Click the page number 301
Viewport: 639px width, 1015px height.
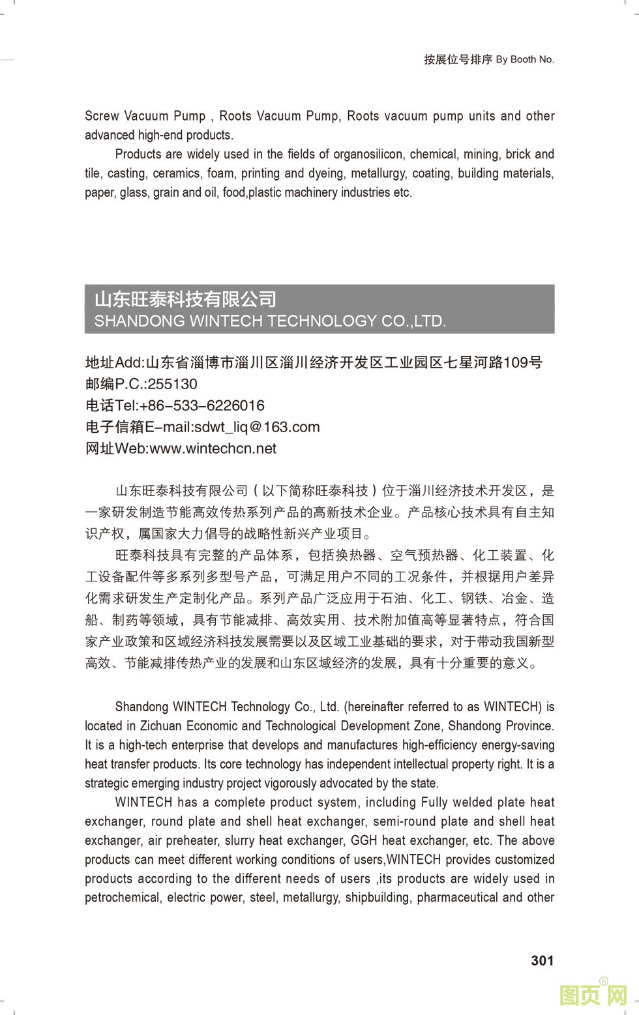[x=542, y=960]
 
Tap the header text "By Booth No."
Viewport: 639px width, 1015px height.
[x=525, y=59]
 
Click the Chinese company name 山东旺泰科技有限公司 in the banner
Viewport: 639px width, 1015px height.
[x=186, y=299]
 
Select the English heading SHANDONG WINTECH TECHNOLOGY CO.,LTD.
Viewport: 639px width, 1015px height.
[x=270, y=321]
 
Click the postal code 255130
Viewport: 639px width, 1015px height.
[x=172, y=384]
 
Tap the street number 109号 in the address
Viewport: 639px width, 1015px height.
[x=526, y=362]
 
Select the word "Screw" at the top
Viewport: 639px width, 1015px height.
[x=102, y=116]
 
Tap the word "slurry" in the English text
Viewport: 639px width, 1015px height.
[x=240, y=840]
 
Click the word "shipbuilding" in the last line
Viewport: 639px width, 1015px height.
[x=378, y=898]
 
